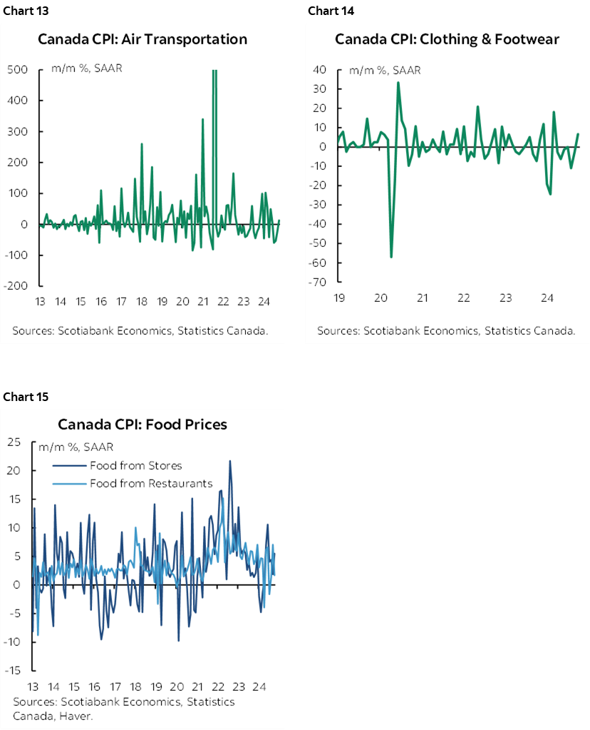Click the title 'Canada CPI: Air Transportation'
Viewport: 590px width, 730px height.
(x=143, y=39)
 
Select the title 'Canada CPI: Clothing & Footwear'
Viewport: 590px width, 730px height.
(x=447, y=39)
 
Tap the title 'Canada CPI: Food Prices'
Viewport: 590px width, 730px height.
(x=143, y=425)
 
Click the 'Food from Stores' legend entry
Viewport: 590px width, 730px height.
(x=136, y=466)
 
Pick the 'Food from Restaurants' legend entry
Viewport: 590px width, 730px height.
(x=151, y=484)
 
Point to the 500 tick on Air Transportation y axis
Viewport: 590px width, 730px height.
(x=18, y=70)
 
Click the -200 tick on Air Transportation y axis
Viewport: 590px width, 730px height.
(x=16, y=286)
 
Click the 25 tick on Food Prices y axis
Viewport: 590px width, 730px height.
(x=15, y=442)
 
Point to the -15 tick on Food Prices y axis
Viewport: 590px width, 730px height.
(x=14, y=671)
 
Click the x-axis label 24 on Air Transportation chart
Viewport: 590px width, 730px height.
(x=264, y=301)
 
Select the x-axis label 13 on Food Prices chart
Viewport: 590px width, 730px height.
(x=33, y=687)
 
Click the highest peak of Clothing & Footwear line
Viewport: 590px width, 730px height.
(x=398, y=82)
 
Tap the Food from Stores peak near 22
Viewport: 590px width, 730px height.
(x=229, y=461)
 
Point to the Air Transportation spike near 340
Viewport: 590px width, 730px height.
(x=203, y=119)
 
